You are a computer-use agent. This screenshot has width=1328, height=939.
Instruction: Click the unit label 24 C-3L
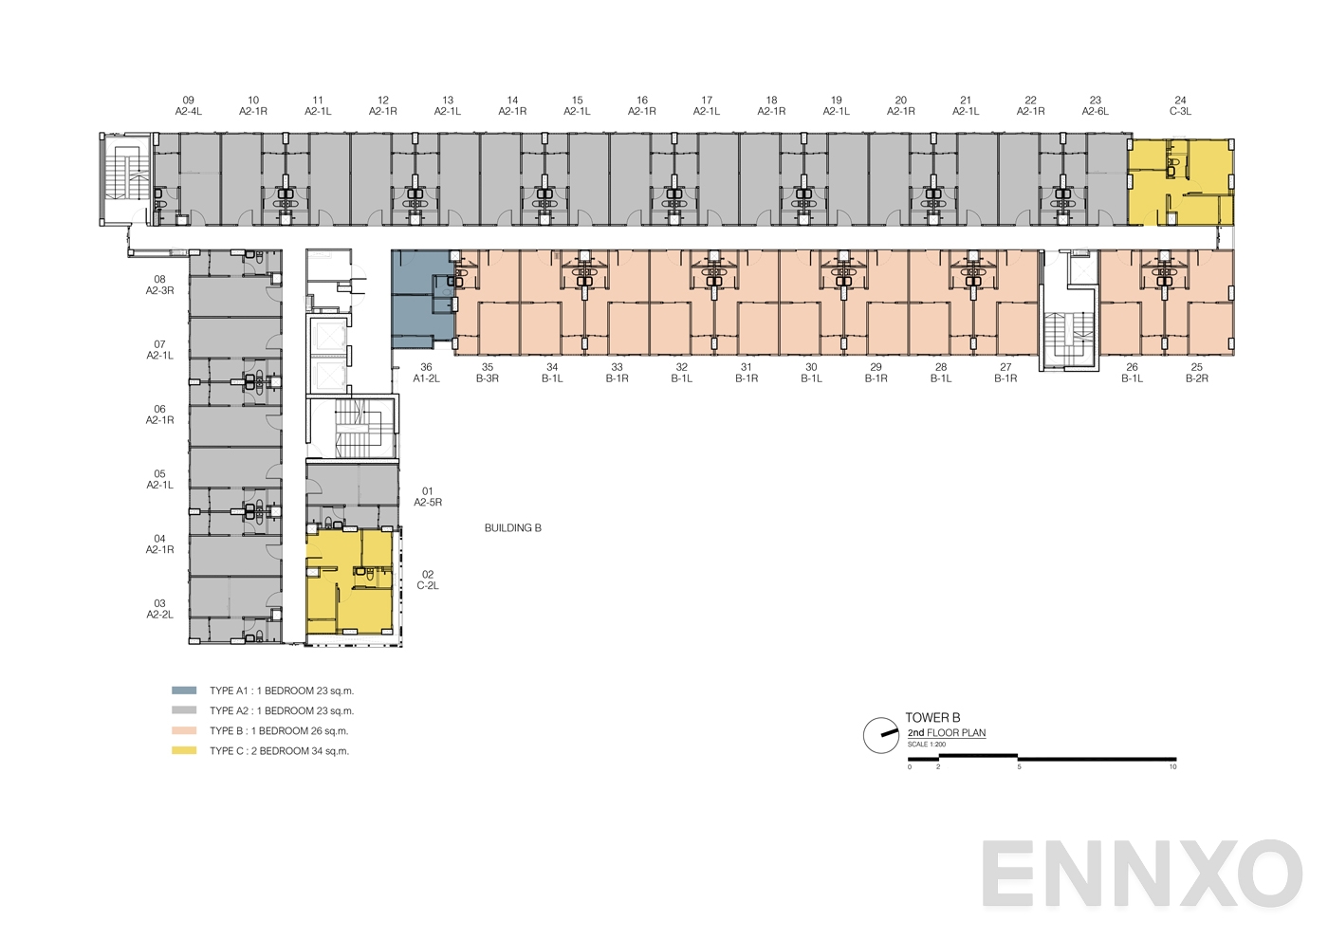click(1180, 105)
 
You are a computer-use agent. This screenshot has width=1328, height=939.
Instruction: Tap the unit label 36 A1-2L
click(426, 373)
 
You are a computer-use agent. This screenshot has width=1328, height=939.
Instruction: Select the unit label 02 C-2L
click(428, 580)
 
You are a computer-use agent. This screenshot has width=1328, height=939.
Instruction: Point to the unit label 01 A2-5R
click(428, 497)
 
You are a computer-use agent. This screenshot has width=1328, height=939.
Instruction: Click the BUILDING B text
click(512, 528)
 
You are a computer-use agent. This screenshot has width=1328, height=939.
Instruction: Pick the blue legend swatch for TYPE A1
click(184, 690)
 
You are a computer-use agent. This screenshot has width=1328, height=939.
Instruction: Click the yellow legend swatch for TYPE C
click(184, 750)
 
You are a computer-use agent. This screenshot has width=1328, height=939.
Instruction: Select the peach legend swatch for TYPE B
click(184, 730)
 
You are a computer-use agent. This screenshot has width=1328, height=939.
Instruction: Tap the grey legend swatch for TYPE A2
click(184, 710)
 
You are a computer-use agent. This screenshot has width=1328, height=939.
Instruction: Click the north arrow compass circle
click(880, 735)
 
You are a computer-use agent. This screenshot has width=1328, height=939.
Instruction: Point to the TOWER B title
click(932, 718)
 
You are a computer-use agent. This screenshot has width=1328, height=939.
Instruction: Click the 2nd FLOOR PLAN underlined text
click(946, 733)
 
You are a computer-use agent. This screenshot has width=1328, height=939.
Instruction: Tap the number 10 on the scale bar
click(1172, 767)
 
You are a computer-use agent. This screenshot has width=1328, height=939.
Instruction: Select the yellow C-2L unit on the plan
click(349, 580)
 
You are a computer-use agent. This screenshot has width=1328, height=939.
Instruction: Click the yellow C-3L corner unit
click(1180, 181)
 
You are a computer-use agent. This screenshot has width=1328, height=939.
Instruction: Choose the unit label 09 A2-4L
click(189, 105)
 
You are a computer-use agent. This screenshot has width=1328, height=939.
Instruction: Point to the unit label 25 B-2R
click(1196, 373)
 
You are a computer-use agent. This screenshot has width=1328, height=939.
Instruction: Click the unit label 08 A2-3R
click(159, 285)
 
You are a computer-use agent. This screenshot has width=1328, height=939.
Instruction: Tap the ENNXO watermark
click(1141, 874)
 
